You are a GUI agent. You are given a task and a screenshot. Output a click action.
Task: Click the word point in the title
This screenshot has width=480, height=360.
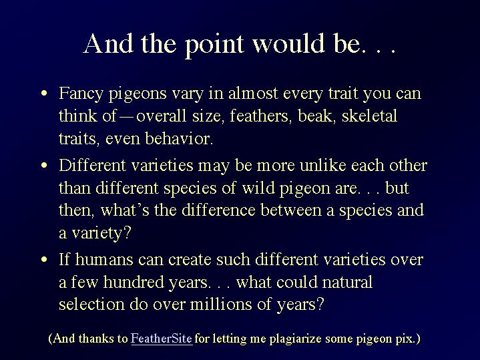tap(214, 45)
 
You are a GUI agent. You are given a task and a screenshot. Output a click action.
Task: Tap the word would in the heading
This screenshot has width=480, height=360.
tap(288, 43)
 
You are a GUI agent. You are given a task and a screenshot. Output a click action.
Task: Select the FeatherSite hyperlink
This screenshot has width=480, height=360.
tap(162, 339)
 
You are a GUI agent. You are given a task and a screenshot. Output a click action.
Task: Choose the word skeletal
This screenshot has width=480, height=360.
tap(369, 116)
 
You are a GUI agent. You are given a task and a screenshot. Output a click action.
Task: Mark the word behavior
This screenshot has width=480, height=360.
tap(179, 138)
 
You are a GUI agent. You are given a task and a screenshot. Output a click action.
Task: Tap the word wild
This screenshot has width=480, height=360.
tap(258, 188)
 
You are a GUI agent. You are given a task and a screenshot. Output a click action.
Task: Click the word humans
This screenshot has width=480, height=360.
tap(104, 260)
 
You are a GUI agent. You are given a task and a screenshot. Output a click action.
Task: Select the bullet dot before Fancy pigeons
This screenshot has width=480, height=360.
tap(44, 93)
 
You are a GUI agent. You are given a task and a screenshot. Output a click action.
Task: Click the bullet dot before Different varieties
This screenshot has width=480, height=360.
tap(44, 166)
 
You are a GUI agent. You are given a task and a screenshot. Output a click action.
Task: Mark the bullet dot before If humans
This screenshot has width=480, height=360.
tap(44, 260)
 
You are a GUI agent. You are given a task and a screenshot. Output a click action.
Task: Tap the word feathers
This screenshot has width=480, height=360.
tap(259, 116)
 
